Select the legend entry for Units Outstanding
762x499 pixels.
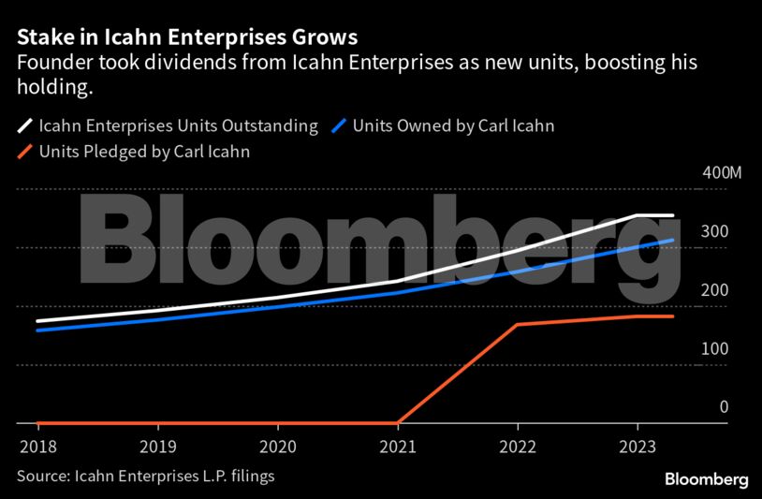point(177,125)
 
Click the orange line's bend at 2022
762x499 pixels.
point(517,325)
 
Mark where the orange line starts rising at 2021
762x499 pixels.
point(397,423)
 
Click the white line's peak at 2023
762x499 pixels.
point(637,215)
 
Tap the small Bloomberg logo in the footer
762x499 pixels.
point(706,478)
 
